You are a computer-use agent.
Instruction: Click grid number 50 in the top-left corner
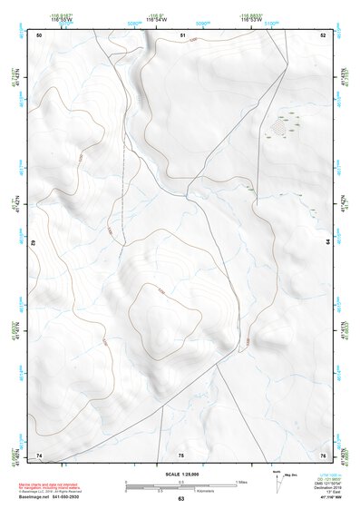[39, 35]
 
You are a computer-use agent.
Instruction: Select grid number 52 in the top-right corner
[323, 35]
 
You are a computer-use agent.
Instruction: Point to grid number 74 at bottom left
[39, 454]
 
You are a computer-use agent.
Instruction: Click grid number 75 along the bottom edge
[180, 454]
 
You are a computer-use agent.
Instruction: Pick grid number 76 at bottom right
[323, 454]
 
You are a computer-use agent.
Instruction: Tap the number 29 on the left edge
[34, 243]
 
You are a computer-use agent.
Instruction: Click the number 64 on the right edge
[328, 242]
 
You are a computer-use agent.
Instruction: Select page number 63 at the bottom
[180, 500]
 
